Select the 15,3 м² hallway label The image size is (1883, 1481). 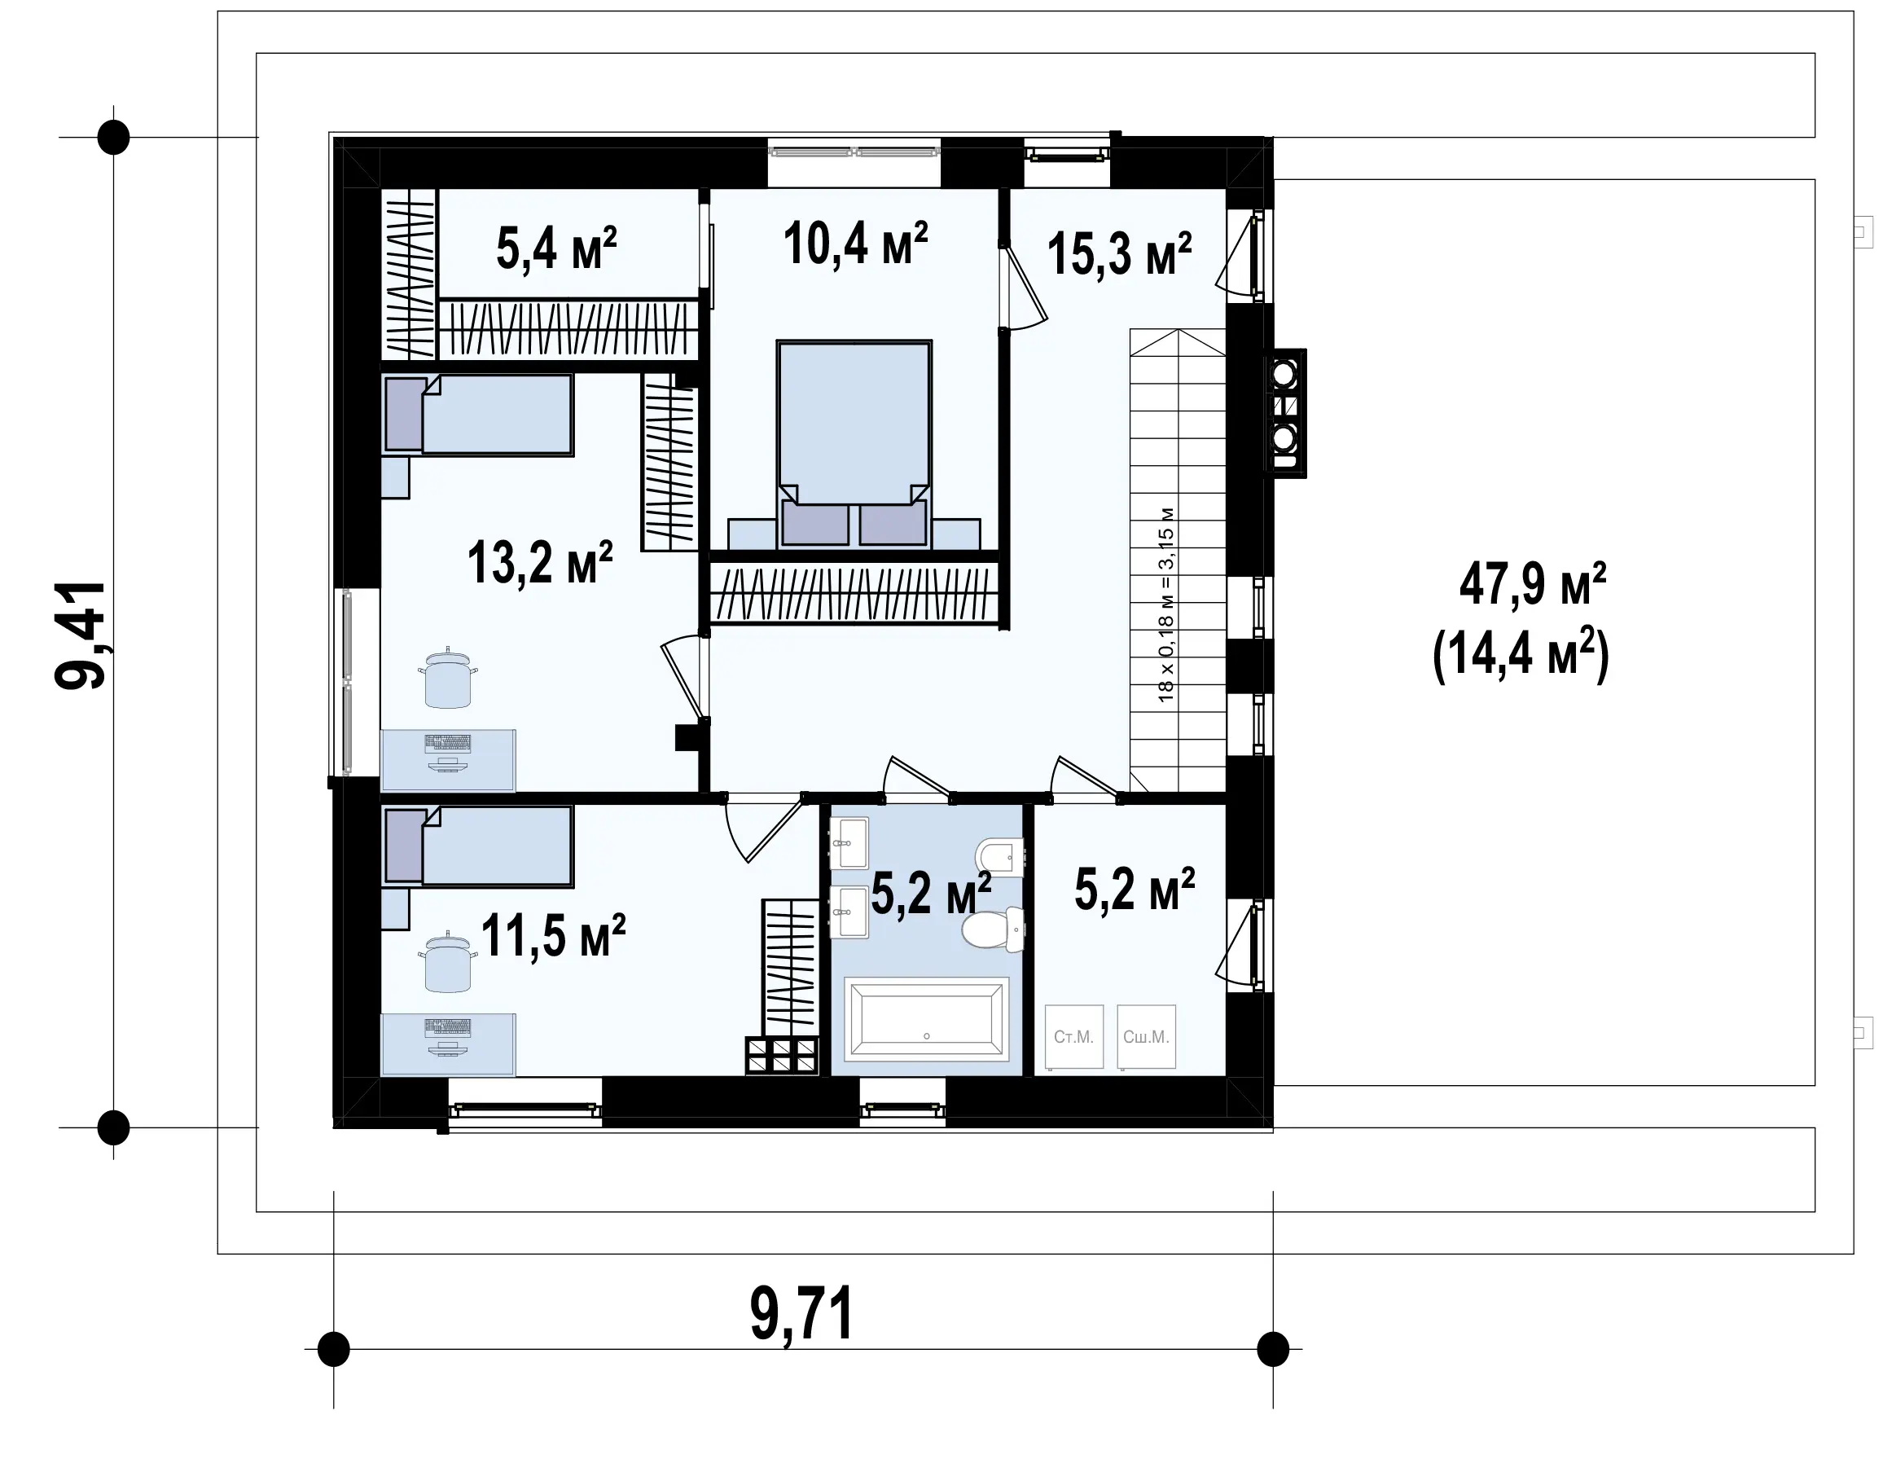1119,253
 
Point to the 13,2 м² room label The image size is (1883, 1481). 540,562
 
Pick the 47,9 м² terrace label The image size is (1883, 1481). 1533,582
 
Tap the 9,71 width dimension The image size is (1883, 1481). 802,1315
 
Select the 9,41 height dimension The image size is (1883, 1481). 81,635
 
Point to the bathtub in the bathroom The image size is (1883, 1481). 926,1019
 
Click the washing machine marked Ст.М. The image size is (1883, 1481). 1074,1036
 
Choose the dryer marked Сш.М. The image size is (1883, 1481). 1146,1036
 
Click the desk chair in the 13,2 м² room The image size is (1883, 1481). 448,677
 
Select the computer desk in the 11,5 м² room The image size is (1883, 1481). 448,1044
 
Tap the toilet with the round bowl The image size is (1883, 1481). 993,929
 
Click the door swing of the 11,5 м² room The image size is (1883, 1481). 763,829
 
